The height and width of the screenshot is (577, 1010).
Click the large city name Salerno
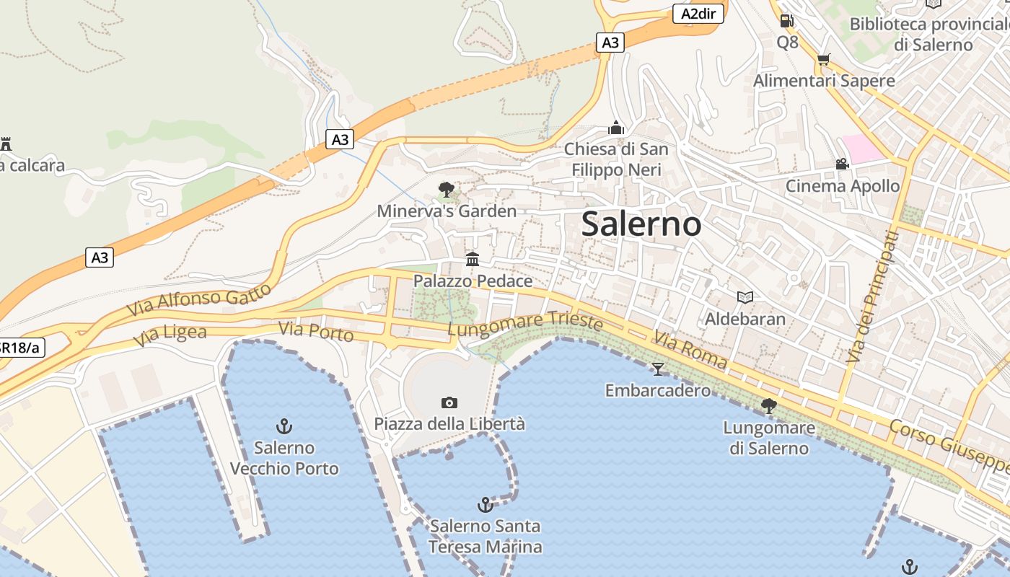pos(641,224)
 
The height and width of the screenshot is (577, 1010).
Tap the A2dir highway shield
pos(698,14)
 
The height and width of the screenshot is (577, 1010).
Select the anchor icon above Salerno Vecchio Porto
pos(284,426)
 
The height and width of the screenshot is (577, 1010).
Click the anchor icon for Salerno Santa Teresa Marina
pos(486,504)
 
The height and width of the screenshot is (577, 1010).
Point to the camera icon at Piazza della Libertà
pos(449,402)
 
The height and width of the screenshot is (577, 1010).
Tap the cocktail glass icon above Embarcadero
pos(657,369)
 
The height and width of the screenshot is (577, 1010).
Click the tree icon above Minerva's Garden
pos(447,190)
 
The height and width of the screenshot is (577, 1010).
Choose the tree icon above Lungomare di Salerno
pos(769,406)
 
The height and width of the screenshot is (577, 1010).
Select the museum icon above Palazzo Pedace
pos(473,259)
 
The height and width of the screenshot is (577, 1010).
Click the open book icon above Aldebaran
pos(745,297)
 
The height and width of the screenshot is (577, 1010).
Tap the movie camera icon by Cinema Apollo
pos(842,164)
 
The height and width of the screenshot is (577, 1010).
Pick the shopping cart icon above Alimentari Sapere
pos(823,59)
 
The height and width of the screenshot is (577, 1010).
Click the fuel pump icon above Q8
pos(786,21)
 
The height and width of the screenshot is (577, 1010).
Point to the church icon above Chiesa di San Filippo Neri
pos(616,128)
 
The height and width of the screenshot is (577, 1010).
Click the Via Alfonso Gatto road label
pos(199,299)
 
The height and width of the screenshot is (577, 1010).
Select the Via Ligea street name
pos(170,335)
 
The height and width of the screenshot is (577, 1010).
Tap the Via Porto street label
pos(316,332)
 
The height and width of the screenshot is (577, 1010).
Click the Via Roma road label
pos(690,351)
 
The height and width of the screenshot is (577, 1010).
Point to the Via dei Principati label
pos(874,296)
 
